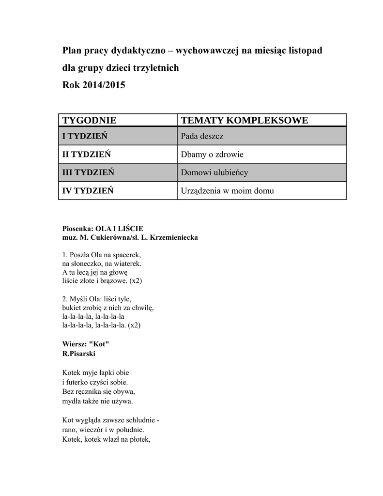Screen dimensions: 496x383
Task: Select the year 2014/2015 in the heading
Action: coord(103,85)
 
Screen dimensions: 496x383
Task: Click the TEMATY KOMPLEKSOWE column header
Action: coord(244,120)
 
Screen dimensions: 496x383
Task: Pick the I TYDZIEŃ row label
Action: coord(85,136)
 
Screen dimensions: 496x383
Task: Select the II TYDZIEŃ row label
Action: coord(87,155)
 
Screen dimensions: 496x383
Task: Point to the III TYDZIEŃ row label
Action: coord(88,172)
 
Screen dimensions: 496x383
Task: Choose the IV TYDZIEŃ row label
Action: coord(88,190)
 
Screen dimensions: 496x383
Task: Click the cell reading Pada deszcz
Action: coord(202,136)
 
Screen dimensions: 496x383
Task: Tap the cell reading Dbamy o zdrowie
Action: coord(212,155)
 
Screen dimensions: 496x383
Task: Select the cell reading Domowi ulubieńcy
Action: coord(214,172)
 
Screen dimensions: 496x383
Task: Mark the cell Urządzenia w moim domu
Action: coord(227,190)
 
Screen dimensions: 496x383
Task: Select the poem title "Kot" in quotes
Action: coord(100,344)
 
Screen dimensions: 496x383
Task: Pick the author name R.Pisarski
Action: coord(79,354)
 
